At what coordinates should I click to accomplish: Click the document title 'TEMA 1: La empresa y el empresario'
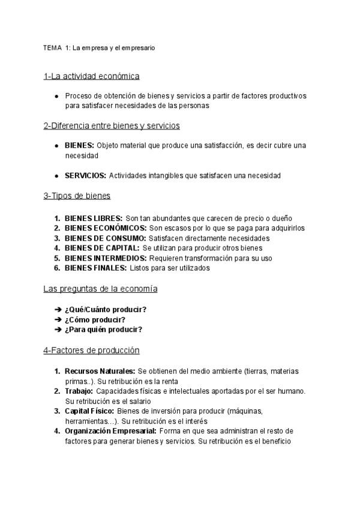pos(99,47)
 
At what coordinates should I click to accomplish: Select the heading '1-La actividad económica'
pos(91,76)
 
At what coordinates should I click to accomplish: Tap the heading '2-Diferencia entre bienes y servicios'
pos(112,125)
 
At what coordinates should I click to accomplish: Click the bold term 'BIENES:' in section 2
pos(79,145)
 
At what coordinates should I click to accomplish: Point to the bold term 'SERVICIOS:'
pos(85,175)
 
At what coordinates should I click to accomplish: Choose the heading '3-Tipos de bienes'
pos(77,196)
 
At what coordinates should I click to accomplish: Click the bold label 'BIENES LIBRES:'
pos(94,218)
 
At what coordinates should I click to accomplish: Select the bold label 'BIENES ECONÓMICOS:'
pos(106,228)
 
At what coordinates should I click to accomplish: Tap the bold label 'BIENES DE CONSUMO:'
pos(105,238)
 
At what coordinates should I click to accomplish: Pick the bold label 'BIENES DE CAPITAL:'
pos(102,248)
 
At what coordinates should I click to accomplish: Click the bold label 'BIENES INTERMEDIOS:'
pos(106,258)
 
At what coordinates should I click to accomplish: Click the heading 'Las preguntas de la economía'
pos(100,289)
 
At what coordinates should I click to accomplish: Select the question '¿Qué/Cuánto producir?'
pos(106,310)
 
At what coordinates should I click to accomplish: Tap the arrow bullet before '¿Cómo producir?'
pos(58,319)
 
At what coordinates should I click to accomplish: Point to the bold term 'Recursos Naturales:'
pos(100,371)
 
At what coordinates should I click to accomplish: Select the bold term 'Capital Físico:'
pos(89,411)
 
